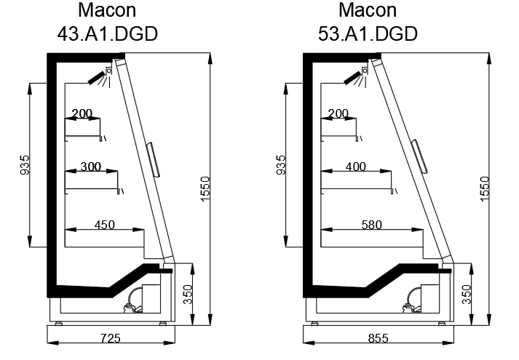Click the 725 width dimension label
(110, 338)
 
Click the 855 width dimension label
(378, 338)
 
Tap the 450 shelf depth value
(105, 225)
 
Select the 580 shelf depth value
(372, 225)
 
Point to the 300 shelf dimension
(91, 167)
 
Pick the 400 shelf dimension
(356, 167)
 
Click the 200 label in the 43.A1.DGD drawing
(82, 113)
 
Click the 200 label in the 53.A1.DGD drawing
(338, 113)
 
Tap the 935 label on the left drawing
(25, 165)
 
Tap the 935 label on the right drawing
(280, 165)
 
